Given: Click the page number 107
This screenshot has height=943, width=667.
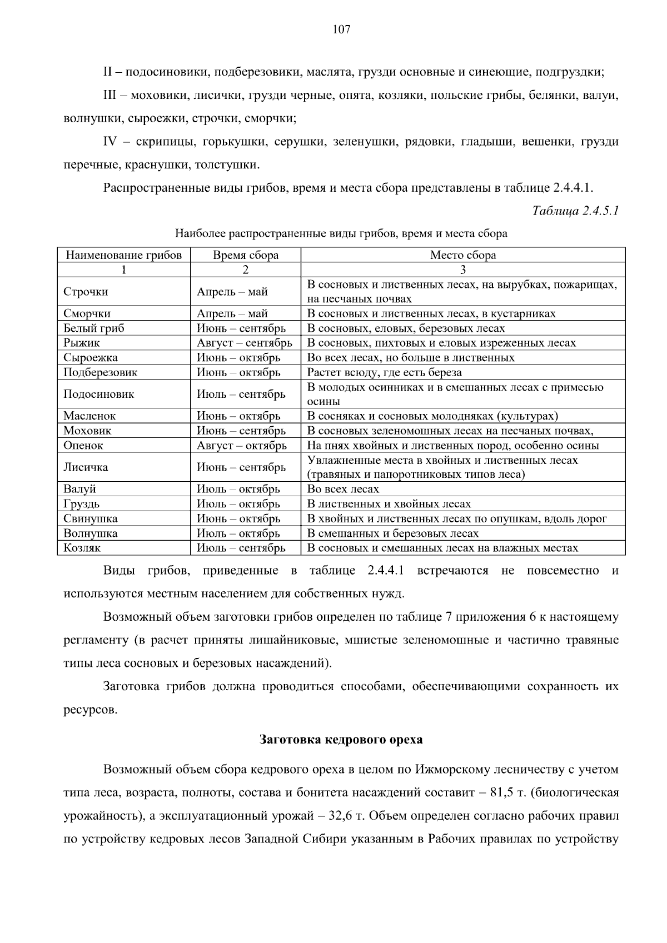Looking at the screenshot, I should (x=341, y=30).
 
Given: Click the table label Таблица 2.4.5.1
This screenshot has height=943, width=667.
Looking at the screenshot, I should (x=575, y=211).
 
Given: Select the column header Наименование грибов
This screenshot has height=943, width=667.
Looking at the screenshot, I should (x=123, y=256).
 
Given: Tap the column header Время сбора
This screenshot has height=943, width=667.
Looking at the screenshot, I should (x=246, y=256).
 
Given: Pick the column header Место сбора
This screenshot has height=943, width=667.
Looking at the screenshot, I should (x=463, y=256).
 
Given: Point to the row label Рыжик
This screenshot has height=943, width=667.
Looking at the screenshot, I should (x=82, y=343).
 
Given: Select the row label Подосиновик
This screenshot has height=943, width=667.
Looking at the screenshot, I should (x=99, y=395).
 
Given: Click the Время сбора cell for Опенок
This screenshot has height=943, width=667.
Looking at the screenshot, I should (x=242, y=446).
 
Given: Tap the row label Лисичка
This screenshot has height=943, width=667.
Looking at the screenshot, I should (x=86, y=467).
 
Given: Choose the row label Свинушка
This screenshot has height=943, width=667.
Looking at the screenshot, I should (x=91, y=519).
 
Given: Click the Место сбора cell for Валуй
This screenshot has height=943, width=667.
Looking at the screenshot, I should (x=343, y=490).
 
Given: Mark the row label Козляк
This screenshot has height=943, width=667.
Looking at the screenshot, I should (x=82, y=548).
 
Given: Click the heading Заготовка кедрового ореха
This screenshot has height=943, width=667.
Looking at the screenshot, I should (x=341, y=740).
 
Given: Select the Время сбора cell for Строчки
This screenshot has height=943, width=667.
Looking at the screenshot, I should (x=232, y=292).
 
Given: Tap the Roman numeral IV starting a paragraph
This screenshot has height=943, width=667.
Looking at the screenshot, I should (x=110, y=142).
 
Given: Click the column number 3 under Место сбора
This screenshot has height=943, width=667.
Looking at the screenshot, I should (x=463, y=270).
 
